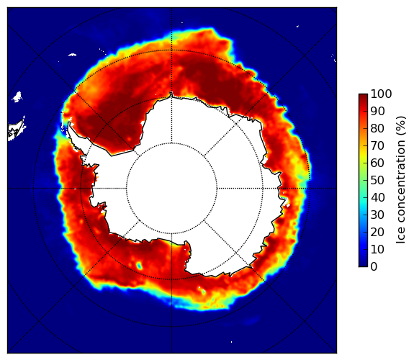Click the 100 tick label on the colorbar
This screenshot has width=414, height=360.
[x=381, y=94]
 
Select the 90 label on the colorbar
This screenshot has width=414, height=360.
[x=377, y=111]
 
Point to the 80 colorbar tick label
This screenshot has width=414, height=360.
[x=377, y=129]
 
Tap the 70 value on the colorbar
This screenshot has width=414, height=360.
[x=377, y=145]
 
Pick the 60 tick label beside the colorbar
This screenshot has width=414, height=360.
[x=377, y=163]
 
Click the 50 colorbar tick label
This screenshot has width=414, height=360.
[x=377, y=181]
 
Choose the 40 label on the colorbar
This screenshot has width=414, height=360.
[x=377, y=197]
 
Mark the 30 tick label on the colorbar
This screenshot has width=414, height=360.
[x=377, y=215]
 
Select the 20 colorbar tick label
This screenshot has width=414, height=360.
[x=377, y=232]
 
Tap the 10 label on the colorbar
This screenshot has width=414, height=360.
[x=377, y=249]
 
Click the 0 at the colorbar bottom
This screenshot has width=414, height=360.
[x=374, y=267]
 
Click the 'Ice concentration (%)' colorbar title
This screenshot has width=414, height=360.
[x=401, y=180]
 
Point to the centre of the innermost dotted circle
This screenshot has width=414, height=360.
[x=171, y=189]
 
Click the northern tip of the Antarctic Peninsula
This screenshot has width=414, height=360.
[x=69, y=123]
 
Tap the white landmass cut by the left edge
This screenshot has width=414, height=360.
[x=17, y=130]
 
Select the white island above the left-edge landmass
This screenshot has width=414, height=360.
[x=17, y=96]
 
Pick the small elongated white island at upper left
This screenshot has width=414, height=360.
[x=72, y=55]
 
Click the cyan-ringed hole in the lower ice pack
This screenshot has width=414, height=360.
[x=139, y=266]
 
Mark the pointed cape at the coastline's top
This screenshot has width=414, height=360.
[x=171, y=94]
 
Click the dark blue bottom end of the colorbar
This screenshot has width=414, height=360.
[x=363, y=264]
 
